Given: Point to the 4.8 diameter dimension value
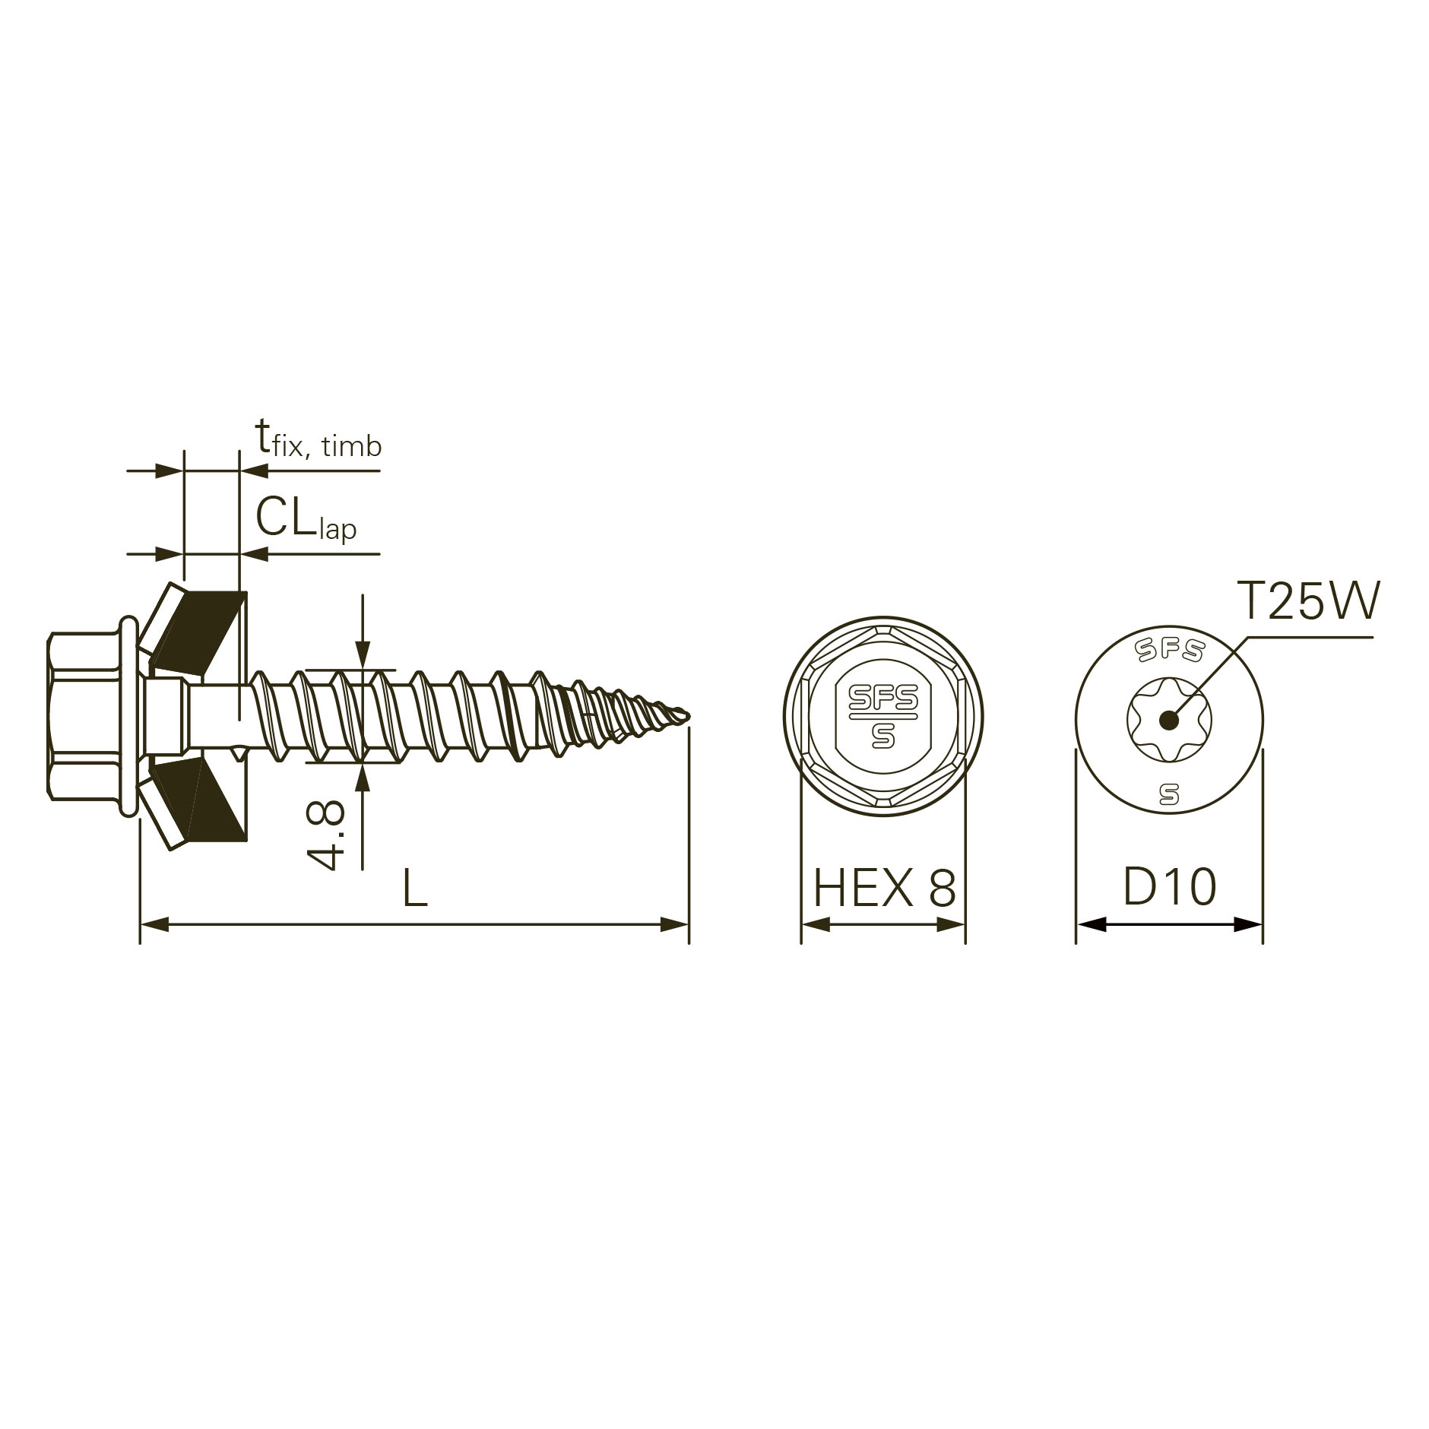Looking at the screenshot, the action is click(x=326, y=835).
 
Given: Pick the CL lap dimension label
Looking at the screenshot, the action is click(x=306, y=518).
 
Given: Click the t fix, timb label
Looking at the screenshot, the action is click(x=318, y=440).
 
